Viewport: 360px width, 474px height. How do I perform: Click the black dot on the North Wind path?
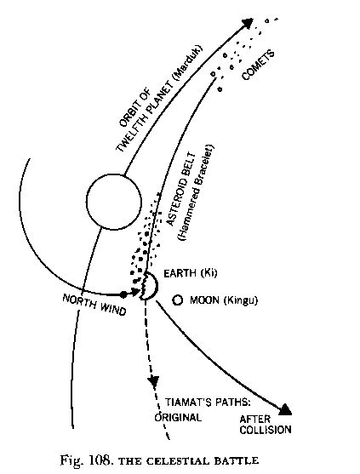coord(123,294)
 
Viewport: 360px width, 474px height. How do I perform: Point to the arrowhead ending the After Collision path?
coord(285,409)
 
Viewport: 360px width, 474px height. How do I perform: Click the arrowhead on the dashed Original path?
coord(154,382)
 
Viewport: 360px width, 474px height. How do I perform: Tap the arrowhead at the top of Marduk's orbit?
coord(248,23)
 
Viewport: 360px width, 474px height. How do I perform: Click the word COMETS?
coord(259,66)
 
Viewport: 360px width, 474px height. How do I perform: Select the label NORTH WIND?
coord(94,305)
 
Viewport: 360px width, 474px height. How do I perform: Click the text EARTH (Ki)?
coord(190,273)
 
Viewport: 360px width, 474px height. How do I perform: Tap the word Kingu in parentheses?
coord(241,301)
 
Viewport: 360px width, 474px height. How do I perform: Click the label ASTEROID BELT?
coord(181,190)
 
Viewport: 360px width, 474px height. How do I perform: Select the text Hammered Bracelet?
coord(197,193)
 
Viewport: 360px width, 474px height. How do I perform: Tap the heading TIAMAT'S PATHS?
coord(208,403)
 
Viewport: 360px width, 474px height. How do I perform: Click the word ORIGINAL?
coord(178,418)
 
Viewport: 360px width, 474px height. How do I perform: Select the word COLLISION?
coord(266,430)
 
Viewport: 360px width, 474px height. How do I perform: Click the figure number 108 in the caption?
coord(98,460)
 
